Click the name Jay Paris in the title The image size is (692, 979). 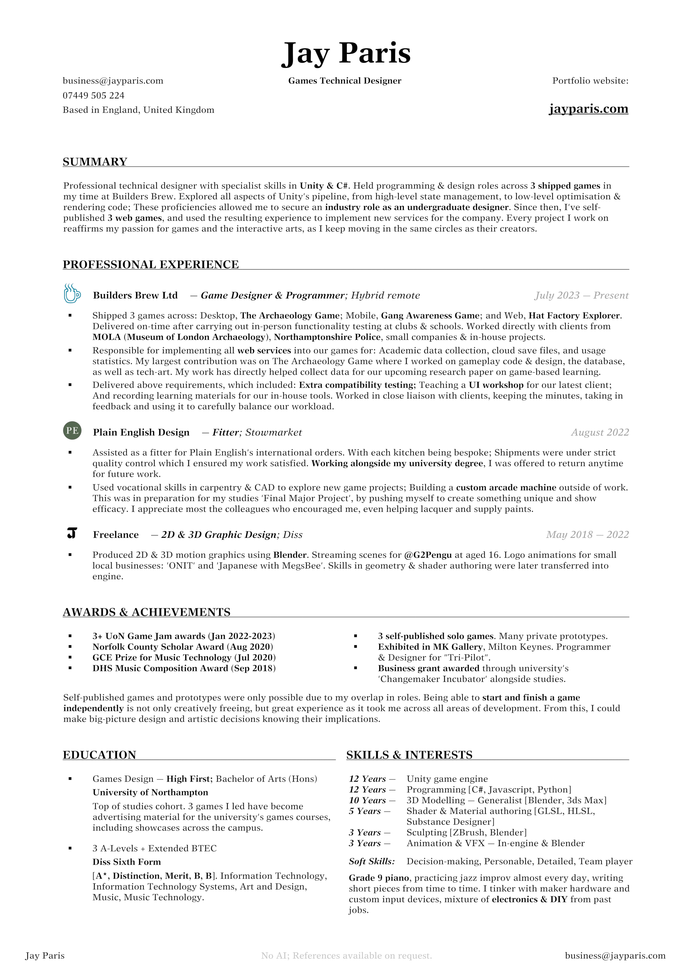click(346, 54)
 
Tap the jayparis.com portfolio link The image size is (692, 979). click(588, 109)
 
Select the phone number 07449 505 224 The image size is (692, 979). click(93, 95)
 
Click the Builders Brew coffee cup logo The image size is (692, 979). click(72, 294)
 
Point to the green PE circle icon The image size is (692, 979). click(72, 431)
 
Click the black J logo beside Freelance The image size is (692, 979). click(72, 533)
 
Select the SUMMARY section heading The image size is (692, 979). click(95, 162)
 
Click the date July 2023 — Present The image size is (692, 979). click(582, 296)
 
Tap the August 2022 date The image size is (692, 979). click(600, 432)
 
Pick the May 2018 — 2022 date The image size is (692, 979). click(587, 535)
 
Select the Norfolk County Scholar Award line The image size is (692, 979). click(182, 647)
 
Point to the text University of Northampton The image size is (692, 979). click(150, 793)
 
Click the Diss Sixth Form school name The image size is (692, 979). click(127, 862)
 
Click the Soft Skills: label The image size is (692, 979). click(372, 861)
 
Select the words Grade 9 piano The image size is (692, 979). click(379, 878)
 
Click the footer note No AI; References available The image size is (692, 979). click(346, 956)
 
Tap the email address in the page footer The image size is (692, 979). click(615, 956)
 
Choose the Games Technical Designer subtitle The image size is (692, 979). click(345, 81)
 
